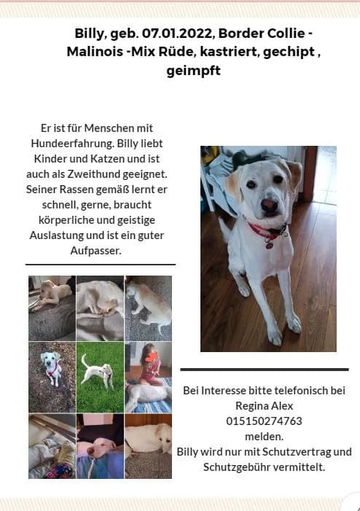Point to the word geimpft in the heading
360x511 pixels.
coord(193,71)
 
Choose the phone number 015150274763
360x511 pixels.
coord(264,421)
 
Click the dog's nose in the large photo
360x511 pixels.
coord(268,206)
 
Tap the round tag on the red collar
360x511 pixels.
coord(268,244)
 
